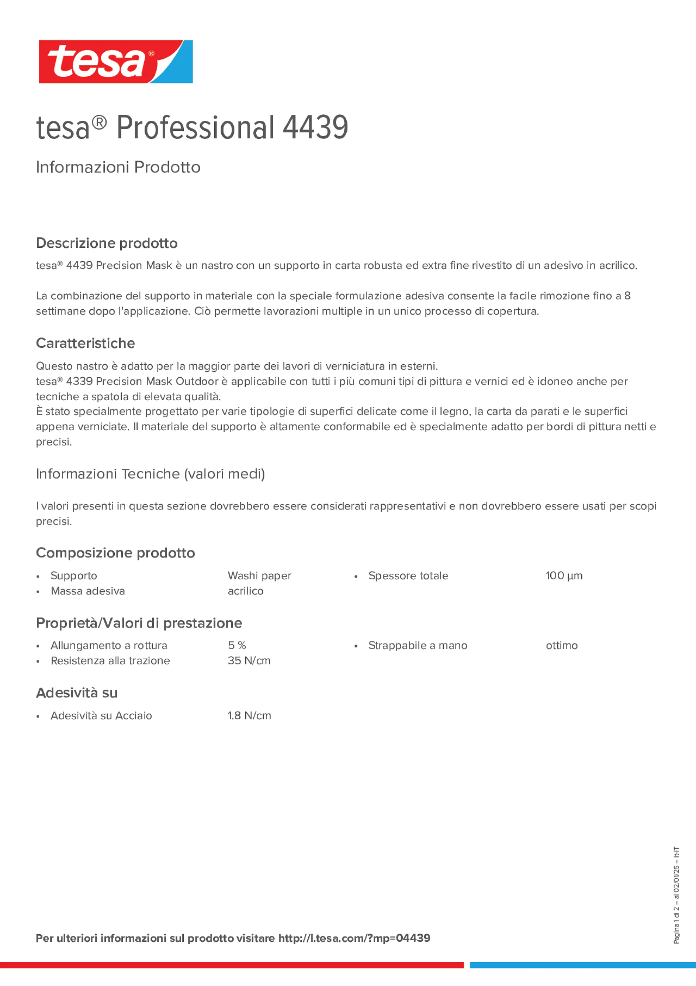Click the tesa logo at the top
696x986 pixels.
tap(115, 62)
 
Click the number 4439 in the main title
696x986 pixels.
tap(315, 128)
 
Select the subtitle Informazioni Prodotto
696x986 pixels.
tap(118, 167)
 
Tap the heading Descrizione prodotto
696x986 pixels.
tap(107, 243)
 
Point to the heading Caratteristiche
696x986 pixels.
tap(86, 343)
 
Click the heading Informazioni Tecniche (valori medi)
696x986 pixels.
tap(150, 474)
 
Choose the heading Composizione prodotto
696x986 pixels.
tap(115, 553)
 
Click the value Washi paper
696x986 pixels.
tap(259, 576)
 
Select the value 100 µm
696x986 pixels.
tap(564, 576)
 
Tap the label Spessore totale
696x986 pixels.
tap(408, 576)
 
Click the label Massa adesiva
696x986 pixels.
tap(87, 591)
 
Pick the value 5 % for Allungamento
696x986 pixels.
tap(237, 645)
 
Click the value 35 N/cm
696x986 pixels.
tap(249, 660)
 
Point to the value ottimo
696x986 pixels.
tap(561, 645)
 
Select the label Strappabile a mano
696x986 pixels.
tap(418, 645)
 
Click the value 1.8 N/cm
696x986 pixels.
tap(249, 715)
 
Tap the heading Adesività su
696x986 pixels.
tap(76, 693)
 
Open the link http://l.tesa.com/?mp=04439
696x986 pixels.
tap(354, 938)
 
